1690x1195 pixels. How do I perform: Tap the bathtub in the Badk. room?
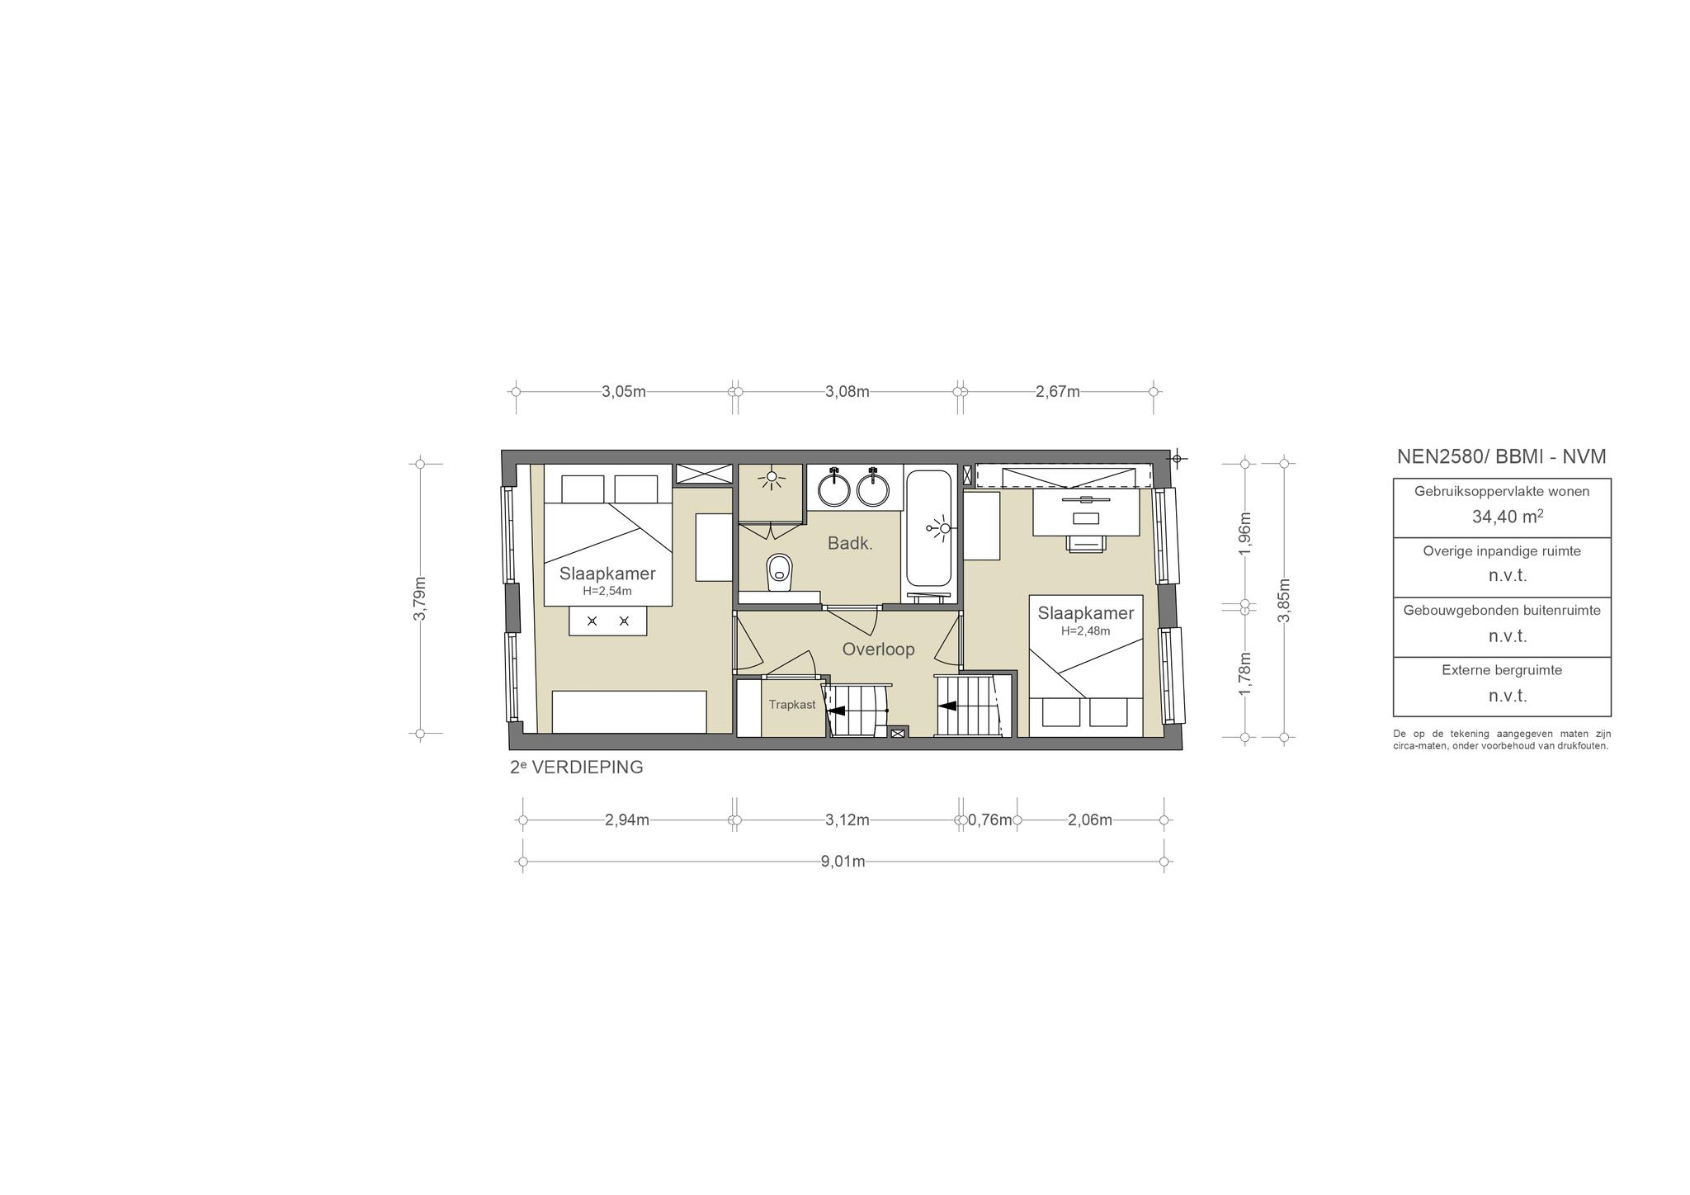point(931,527)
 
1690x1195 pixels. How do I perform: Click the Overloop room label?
point(878,649)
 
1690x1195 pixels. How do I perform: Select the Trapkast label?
point(792,705)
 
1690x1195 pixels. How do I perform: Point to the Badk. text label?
point(850,544)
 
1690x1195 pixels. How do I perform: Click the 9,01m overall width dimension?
point(843,862)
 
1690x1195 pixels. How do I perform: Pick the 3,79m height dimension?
point(420,598)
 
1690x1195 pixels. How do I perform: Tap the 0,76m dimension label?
point(989,820)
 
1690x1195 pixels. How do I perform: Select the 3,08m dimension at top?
point(847,392)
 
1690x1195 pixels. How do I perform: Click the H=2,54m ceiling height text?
point(607,591)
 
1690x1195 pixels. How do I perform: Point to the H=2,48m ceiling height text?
point(1086,631)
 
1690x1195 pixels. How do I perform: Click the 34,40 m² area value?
point(1508,517)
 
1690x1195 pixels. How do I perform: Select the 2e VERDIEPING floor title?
point(577,767)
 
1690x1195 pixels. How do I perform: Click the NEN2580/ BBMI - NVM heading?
point(1502,456)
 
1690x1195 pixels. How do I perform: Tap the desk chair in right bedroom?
point(1085,542)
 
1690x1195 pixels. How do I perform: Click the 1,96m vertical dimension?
point(1245,533)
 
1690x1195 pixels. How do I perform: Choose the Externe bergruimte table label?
point(1502,670)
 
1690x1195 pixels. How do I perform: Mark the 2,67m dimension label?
point(1058,392)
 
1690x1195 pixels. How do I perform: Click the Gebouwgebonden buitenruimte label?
point(1502,611)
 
